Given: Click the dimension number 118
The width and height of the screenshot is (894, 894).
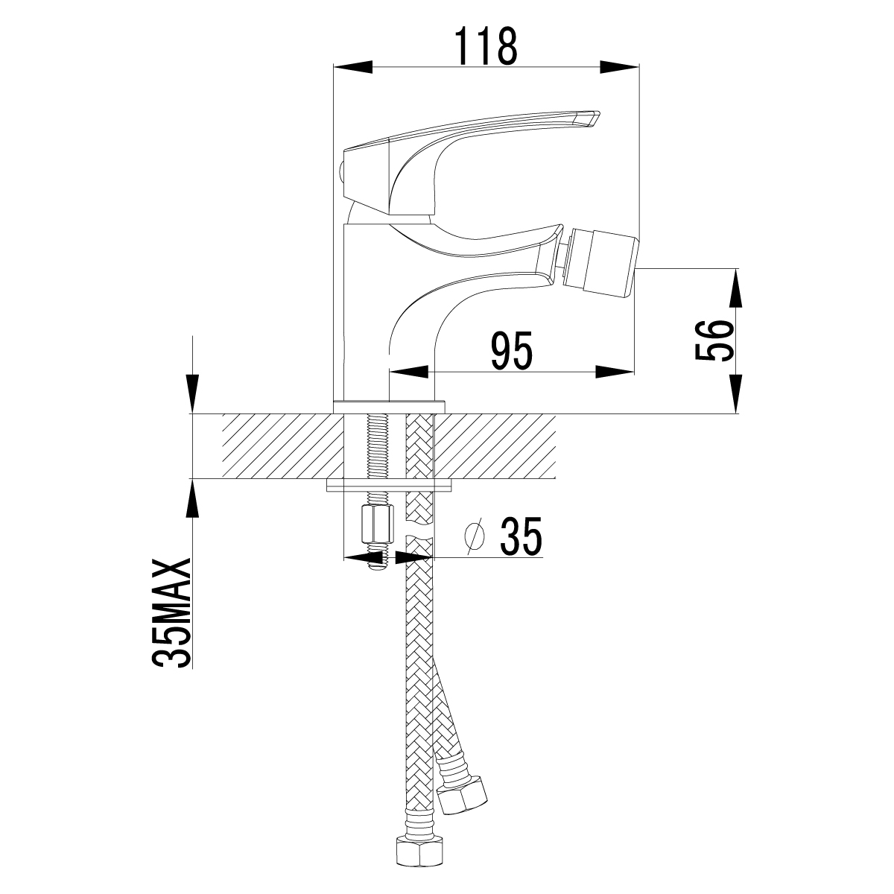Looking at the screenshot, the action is (x=485, y=45).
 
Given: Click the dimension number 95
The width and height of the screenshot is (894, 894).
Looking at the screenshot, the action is (x=511, y=351).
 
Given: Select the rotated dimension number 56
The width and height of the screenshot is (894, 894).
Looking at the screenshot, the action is (x=714, y=340).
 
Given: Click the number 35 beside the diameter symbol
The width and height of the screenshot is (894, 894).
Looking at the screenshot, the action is (x=521, y=536).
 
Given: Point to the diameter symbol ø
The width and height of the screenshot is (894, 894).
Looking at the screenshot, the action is (x=475, y=536).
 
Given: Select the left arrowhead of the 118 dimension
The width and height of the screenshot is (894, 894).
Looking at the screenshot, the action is (x=353, y=67).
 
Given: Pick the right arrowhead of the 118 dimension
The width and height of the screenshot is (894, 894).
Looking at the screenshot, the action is (x=620, y=67).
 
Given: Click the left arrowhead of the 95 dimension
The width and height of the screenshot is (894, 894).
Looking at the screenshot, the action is (x=408, y=371).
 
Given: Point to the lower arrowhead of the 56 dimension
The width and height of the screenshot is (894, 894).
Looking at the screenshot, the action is (x=735, y=393).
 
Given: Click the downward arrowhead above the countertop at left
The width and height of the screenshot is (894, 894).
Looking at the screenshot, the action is (x=192, y=393).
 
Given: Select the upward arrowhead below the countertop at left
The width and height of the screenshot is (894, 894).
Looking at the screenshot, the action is (x=192, y=498).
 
